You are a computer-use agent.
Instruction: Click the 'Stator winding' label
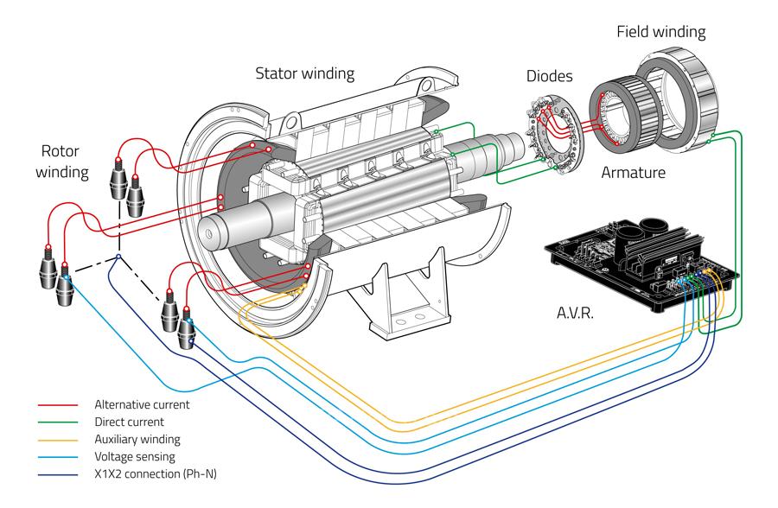(x=304, y=73)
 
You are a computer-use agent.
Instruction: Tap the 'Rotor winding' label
(x=63, y=160)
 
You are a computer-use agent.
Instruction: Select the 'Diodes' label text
(x=551, y=76)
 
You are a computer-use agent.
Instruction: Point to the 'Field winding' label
(x=660, y=33)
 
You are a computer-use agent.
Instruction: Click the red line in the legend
(x=58, y=404)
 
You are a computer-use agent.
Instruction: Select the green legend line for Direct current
(x=58, y=422)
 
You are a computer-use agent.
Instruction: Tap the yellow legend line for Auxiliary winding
(x=58, y=439)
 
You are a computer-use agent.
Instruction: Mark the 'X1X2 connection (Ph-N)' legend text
(x=154, y=473)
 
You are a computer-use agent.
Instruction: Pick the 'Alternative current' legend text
(x=142, y=404)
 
